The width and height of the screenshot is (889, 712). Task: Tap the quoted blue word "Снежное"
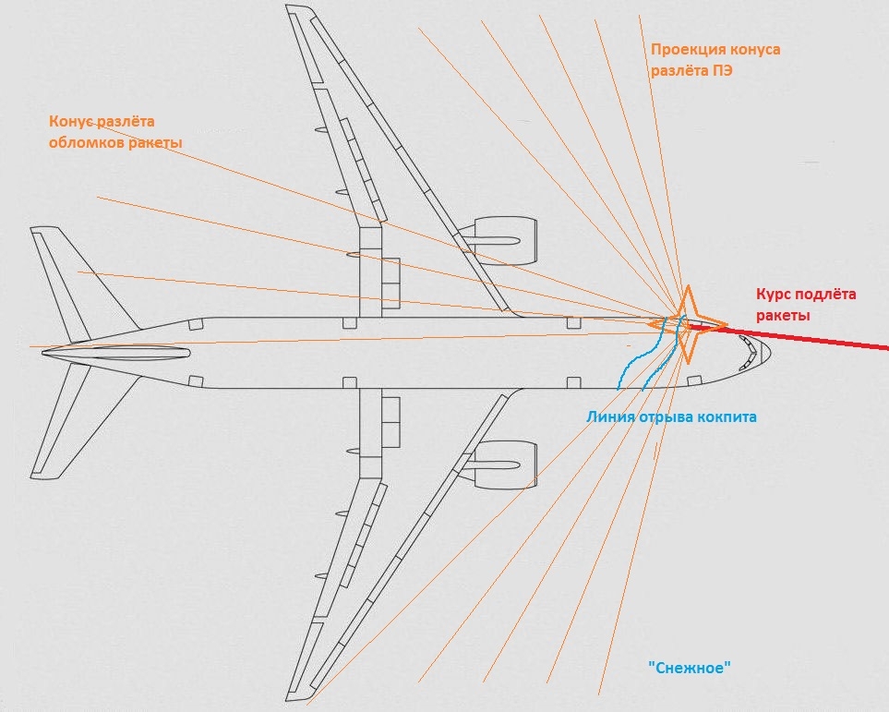tap(691, 668)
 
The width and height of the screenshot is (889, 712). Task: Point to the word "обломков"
tap(85, 143)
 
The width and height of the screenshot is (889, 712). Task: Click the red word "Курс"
tap(775, 295)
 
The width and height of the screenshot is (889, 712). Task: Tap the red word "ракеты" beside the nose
tap(783, 316)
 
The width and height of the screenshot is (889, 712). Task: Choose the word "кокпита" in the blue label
tap(727, 416)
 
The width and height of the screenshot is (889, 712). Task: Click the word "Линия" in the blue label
tap(609, 416)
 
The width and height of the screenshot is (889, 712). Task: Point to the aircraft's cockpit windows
tap(749, 354)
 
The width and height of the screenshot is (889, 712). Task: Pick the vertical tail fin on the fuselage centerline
tap(115, 353)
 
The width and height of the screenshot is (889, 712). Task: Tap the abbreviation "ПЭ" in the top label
tap(723, 70)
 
